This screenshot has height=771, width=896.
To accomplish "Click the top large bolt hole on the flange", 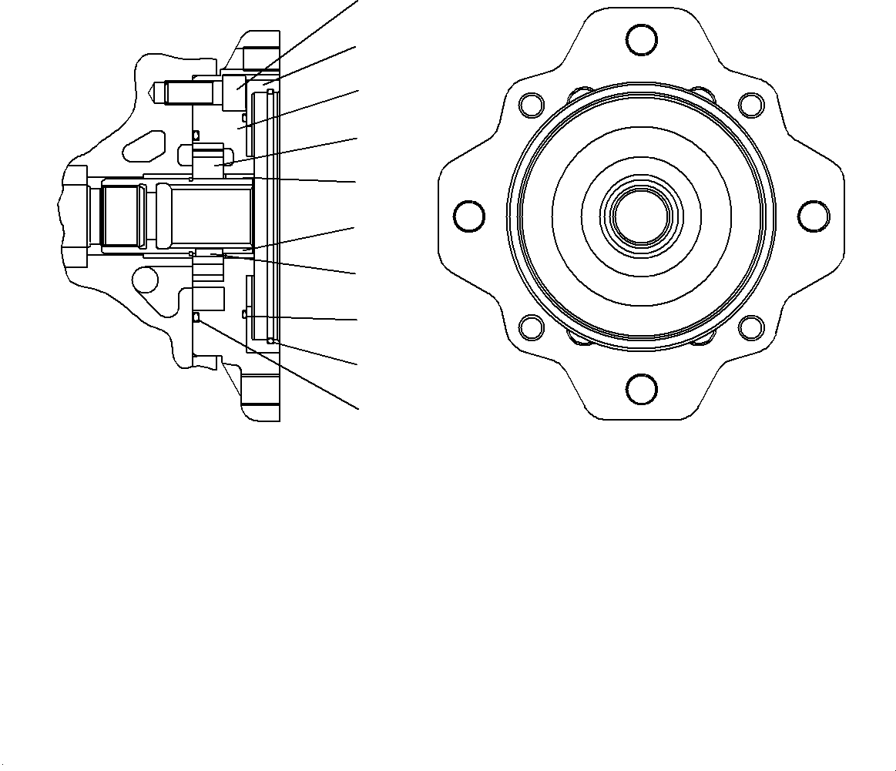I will click(x=641, y=40).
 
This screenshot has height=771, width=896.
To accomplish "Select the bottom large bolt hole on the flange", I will click(x=641, y=390).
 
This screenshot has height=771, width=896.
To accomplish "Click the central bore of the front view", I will click(x=641, y=215).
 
